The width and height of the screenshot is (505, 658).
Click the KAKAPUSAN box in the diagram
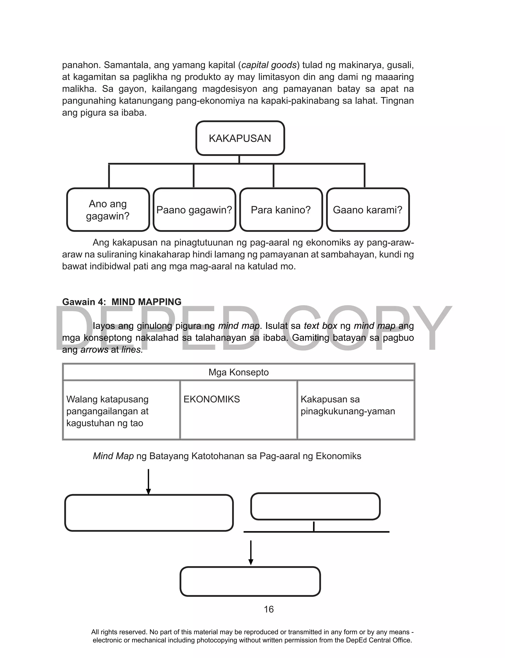240,138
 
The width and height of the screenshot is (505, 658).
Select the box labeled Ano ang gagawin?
108,210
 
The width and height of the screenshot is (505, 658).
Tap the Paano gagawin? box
194,210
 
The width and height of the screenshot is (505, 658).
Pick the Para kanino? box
281,210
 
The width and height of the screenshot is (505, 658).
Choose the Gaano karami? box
368,210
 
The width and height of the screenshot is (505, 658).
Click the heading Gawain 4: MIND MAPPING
122,302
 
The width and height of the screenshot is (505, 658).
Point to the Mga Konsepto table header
239,372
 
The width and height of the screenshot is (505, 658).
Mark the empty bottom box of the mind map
250,581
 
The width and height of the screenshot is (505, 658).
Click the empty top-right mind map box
315,506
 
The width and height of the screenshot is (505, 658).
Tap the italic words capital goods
269,65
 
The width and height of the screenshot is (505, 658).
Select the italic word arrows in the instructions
94,350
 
